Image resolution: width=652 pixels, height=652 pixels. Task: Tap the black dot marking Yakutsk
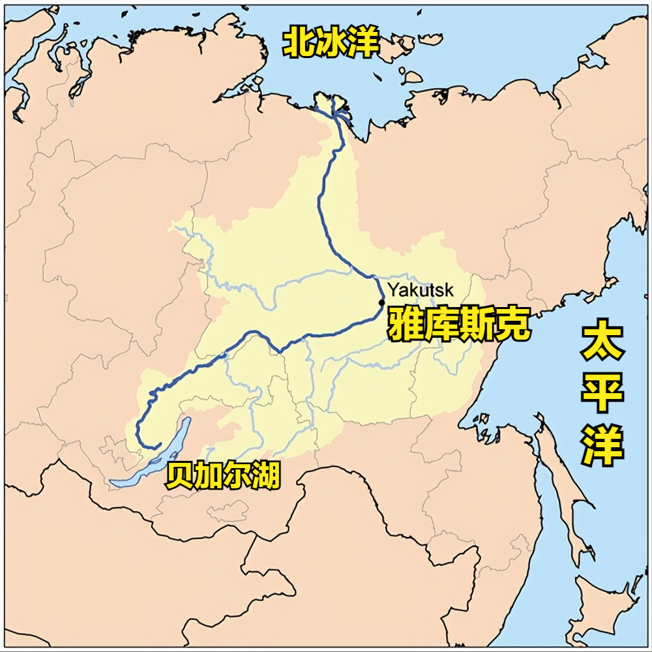pos(381,302)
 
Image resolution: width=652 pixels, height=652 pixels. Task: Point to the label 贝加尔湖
pos(222,476)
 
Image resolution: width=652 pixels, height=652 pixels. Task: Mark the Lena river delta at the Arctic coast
pos(334,108)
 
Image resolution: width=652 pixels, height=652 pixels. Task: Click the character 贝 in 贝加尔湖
pos(180,476)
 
